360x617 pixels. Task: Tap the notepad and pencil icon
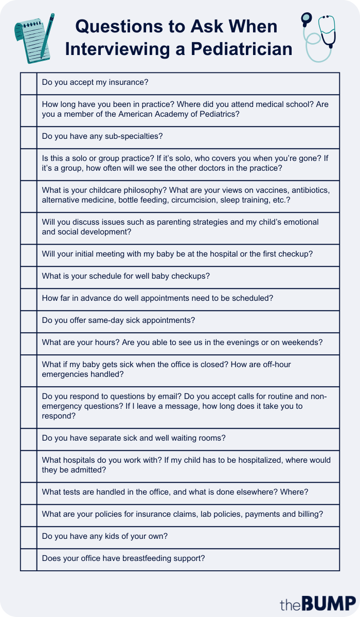pos(34,36)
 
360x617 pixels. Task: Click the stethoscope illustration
pos(318,36)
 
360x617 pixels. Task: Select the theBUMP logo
pos(317,603)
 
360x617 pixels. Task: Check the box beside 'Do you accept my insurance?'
pos(29,83)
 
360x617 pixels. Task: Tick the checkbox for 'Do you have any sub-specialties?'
pos(29,137)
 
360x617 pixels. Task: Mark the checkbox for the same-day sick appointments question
pos(29,321)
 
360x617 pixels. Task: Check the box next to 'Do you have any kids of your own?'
pos(29,537)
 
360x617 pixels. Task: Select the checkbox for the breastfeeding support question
pos(29,559)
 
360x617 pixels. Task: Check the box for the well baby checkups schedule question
pos(29,277)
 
